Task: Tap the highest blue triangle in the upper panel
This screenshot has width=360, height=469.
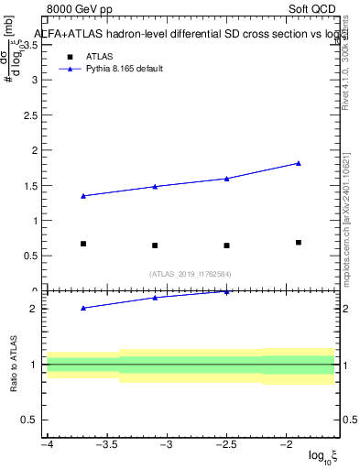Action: coord(299,163)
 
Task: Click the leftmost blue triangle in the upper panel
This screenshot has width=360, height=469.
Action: coord(83,196)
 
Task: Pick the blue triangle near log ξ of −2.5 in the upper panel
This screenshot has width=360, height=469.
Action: coord(226,179)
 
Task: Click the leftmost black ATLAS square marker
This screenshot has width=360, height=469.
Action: coord(83,244)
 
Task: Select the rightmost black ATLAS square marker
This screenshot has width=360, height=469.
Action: coord(299,242)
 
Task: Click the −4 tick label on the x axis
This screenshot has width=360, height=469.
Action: coord(46,444)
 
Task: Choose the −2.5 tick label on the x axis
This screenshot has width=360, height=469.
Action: coord(226,444)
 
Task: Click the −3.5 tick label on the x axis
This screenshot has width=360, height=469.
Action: coord(106,444)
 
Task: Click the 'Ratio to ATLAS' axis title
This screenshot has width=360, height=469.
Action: coord(13,364)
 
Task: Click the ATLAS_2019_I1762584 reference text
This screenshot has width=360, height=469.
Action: coord(191,273)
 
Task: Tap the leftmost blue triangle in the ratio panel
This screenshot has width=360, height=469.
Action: coord(83,308)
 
